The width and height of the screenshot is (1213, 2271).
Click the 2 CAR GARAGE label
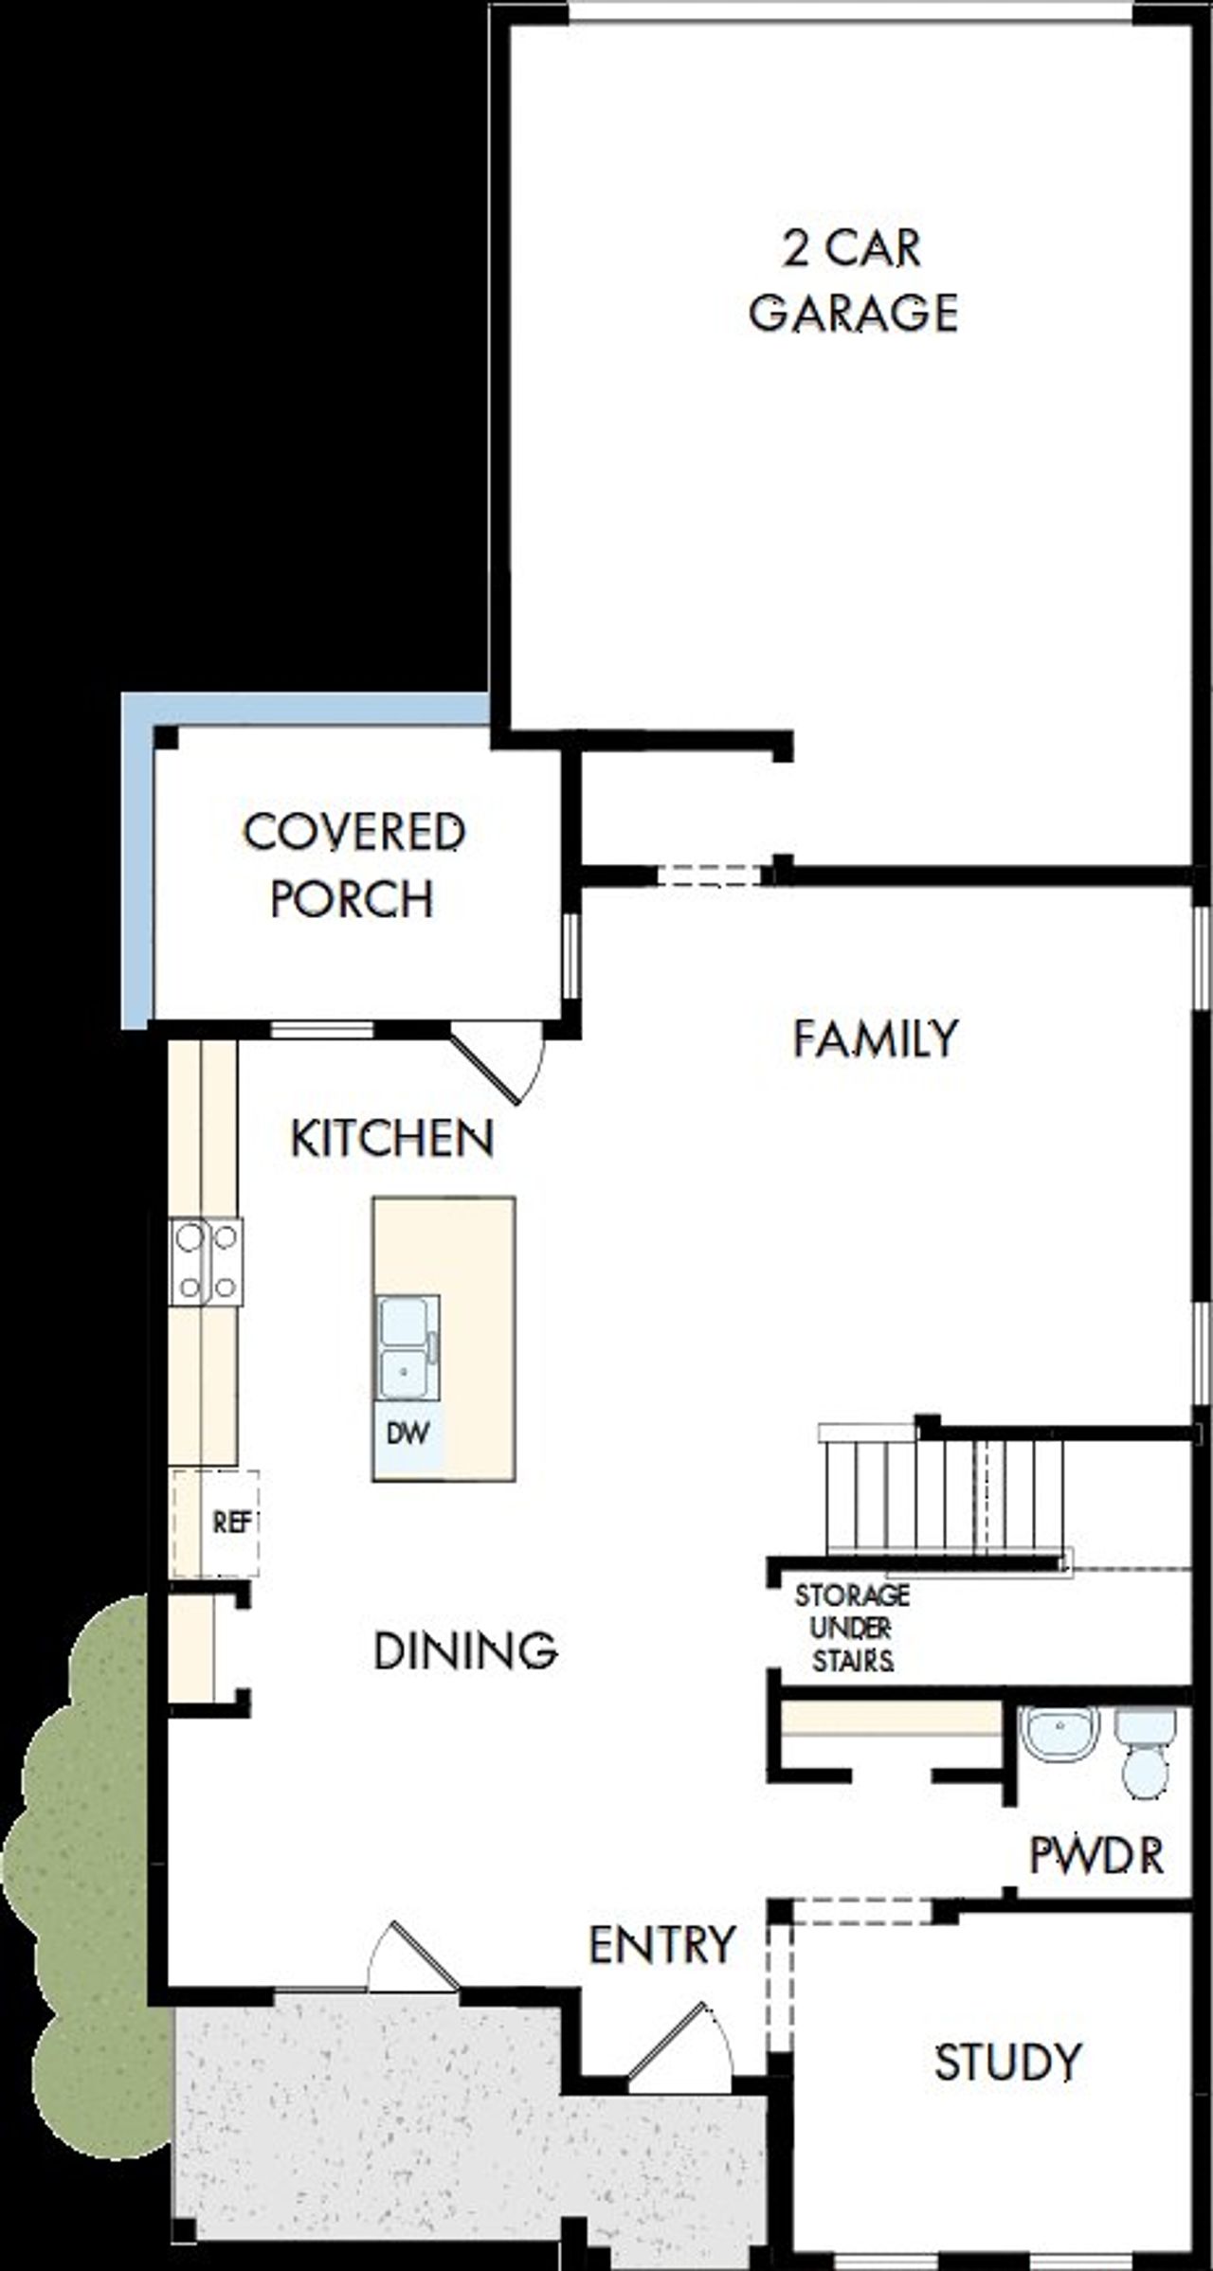coord(853,281)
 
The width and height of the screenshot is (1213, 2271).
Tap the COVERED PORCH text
coord(353,864)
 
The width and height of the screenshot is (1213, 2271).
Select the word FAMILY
coord(876,1038)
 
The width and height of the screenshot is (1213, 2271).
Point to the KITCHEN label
coord(392,1138)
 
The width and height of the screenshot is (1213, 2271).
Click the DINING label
coord(465,1650)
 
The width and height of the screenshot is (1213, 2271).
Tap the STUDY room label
coord(1007,2063)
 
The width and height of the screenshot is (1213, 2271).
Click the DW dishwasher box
coord(407,1433)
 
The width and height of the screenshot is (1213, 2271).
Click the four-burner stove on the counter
coord(207,1262)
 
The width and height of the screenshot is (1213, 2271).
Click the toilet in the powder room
coord(1146,1753)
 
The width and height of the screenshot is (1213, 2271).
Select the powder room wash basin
coord(1059,1735)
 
